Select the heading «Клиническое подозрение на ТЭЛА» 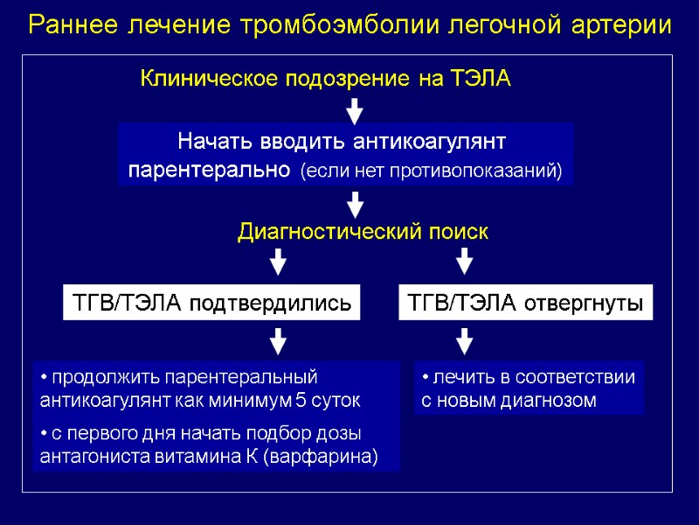[325, 80]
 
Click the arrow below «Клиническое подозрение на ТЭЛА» [355, 111]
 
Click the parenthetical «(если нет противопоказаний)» [432, 170]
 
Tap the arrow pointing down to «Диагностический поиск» [355, 206]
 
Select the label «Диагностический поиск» [363, 233]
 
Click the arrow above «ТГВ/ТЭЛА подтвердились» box [278, 262]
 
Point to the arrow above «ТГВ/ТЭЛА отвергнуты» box [465, 262]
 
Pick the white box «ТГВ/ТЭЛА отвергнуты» [525, 304]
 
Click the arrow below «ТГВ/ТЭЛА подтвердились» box [278, 341]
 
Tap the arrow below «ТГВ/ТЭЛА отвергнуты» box [465, 341]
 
